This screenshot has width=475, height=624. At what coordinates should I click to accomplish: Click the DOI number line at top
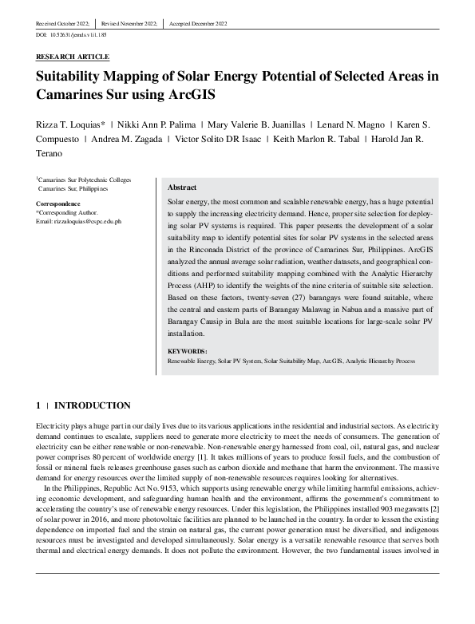coord(72,36)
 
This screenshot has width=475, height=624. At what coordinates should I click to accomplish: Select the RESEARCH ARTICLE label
coord(73,57)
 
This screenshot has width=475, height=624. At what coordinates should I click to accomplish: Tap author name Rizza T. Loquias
coord(69,125)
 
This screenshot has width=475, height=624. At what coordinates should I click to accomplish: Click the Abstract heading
coord(182,187)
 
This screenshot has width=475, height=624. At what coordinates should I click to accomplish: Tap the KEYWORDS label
coord(188,351)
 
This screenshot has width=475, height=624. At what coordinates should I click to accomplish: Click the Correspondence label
coord(57,204)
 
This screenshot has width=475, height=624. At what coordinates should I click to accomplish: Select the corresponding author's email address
coord(79,220)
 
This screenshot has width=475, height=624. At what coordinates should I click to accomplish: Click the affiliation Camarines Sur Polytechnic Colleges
coord(85,180)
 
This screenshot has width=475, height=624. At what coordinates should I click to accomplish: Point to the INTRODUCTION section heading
coord(92,405)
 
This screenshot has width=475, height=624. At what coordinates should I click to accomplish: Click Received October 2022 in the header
coord(63,24)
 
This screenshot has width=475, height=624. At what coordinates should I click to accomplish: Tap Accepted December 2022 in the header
coord(197,24)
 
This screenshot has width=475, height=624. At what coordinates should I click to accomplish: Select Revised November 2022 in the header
coord(128,24)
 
